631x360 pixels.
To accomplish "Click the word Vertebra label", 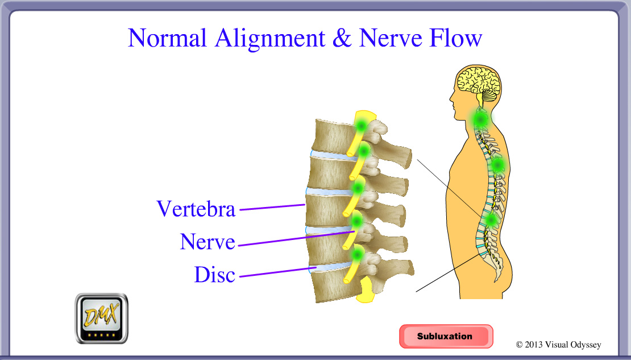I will pos(196,209).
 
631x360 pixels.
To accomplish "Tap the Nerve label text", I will pos(207,242).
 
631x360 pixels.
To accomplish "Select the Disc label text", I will pos(214,275).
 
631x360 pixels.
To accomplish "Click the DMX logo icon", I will pos(102,318).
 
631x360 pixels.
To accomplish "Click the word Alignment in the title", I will pos(270,38).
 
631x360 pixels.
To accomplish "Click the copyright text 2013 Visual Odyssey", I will pos(558,345).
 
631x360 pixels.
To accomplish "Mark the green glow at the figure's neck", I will pos(481,119).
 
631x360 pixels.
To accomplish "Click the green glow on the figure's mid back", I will pos(498,165).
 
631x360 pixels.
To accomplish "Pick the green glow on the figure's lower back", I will pos(490,220).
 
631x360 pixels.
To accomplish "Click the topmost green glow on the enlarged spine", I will pos(360,124).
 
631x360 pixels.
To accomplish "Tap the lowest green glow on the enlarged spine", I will pos(358,253).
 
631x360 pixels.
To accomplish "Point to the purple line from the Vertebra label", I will pos(273,207).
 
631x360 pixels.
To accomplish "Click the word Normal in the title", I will pos(168,38).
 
